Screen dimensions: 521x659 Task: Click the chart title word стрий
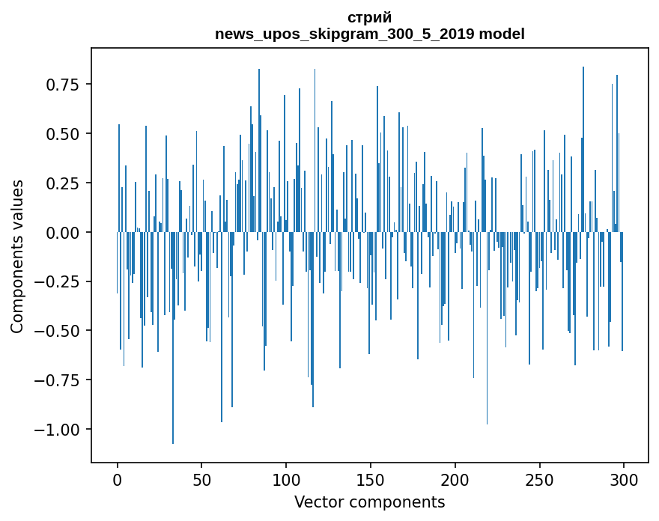tap(370, 17)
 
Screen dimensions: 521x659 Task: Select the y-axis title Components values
tap(17, 256)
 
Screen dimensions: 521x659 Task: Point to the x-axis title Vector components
tap(369, 502)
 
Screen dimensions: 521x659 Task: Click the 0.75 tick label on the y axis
tap(63, 85)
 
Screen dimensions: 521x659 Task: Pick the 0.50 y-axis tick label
tap(63, 134)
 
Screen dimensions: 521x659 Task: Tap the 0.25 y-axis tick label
tap(63, 183)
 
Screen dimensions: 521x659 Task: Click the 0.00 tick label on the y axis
tap(63, 233)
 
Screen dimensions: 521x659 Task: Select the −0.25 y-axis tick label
tap(58, 282)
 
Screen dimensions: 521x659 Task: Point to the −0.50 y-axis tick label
tap(58, 331)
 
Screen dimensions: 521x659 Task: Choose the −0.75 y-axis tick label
tap(58, 380)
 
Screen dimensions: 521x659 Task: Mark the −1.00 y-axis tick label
tap(58, 430)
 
